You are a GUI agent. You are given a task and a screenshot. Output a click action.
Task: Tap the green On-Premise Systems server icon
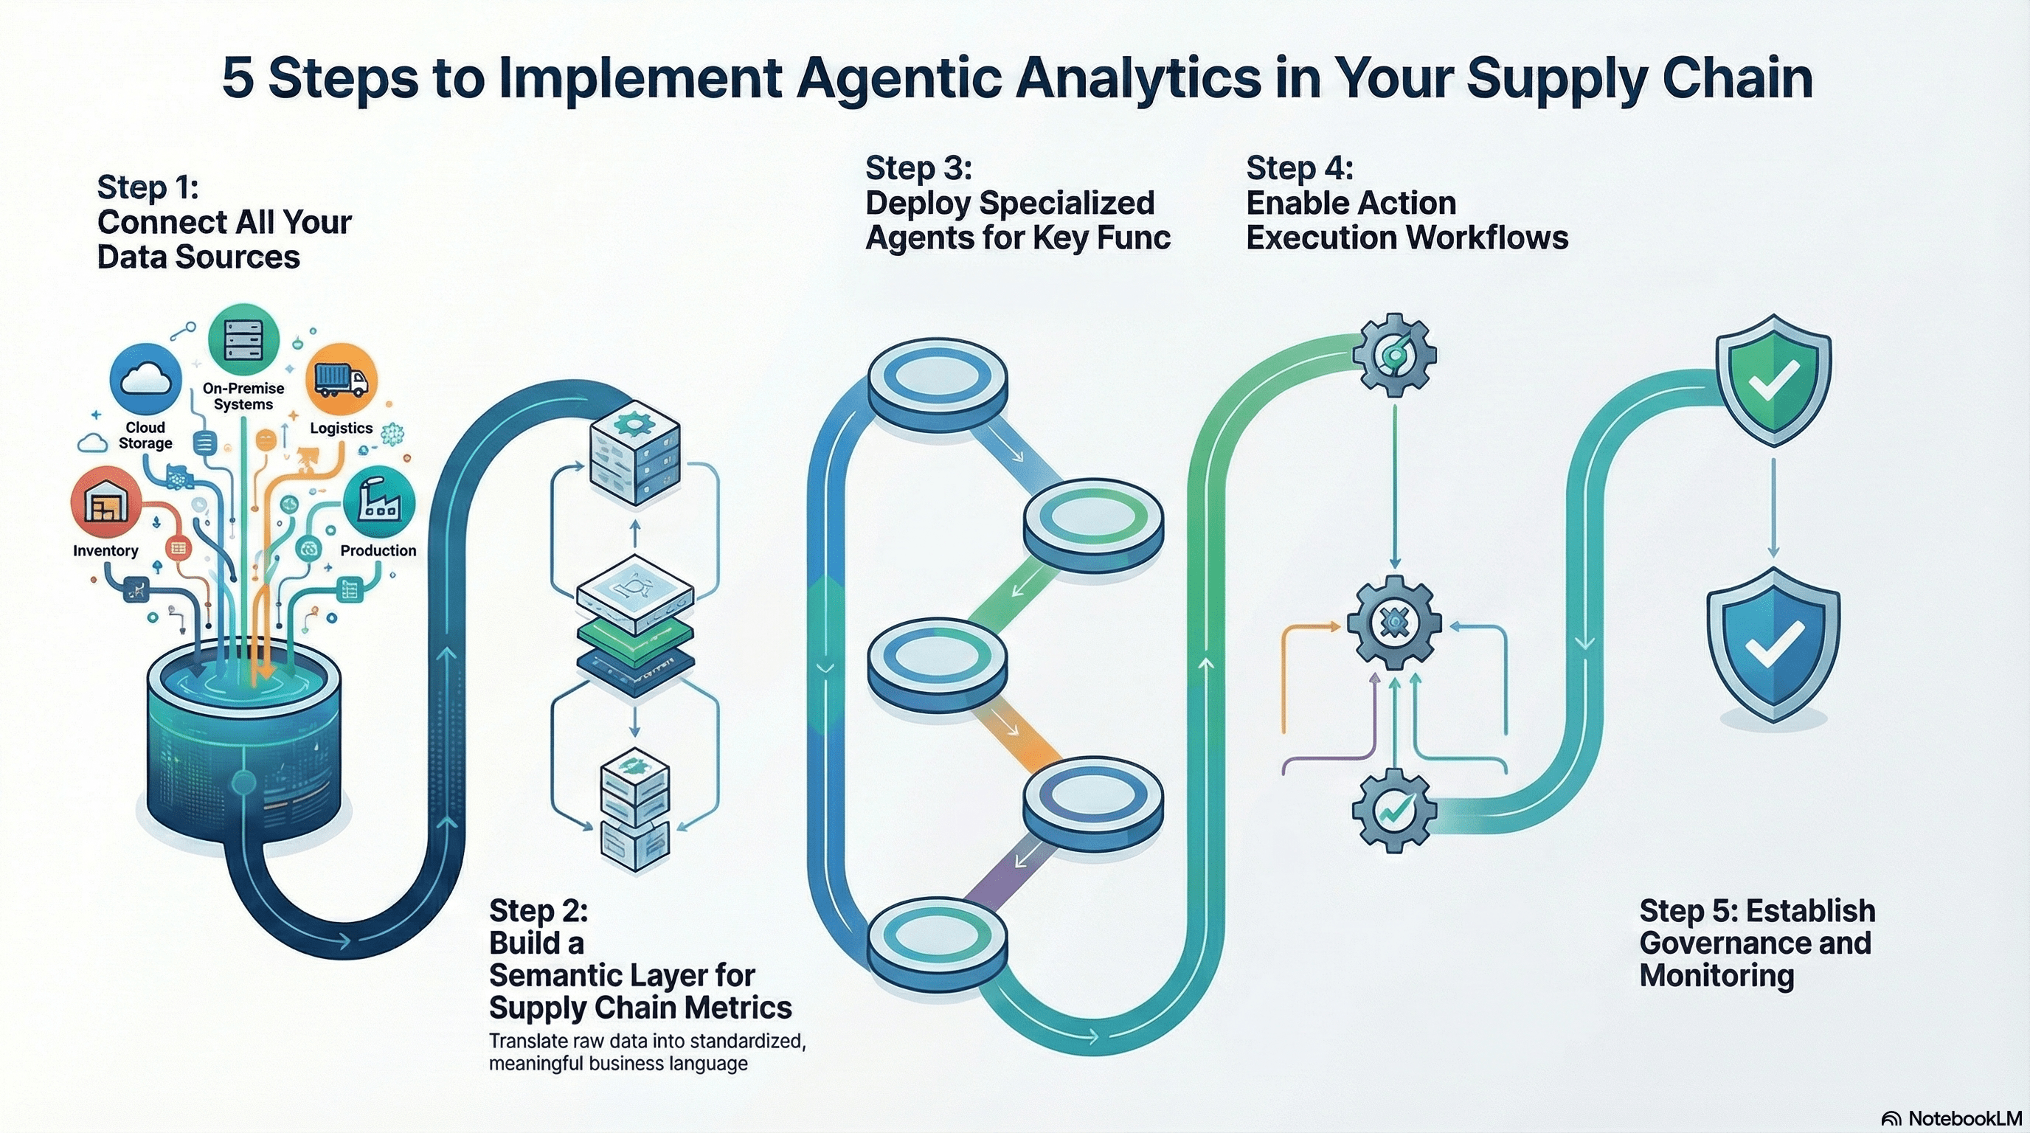point(243,339)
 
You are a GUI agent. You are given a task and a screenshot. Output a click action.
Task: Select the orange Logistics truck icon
point(342,379)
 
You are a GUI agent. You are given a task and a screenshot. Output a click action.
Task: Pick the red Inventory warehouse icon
point(106,504)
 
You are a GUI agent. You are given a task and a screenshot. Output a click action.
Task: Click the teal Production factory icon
point(379,501)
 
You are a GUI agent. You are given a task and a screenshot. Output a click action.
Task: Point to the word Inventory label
point(105,551)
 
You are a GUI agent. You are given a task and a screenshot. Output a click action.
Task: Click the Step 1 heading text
point(224,222)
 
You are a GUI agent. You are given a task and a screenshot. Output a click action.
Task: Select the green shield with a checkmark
point(1773,379)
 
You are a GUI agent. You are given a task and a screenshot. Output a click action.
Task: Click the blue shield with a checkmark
point(1773,644)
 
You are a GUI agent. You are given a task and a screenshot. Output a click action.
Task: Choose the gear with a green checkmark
point(1394,811)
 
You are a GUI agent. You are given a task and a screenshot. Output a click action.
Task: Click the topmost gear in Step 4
point(1394,355)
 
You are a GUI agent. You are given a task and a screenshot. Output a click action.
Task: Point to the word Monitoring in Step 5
point(1717,975)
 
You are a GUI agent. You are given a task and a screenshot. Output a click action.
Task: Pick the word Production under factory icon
point(378,551)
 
